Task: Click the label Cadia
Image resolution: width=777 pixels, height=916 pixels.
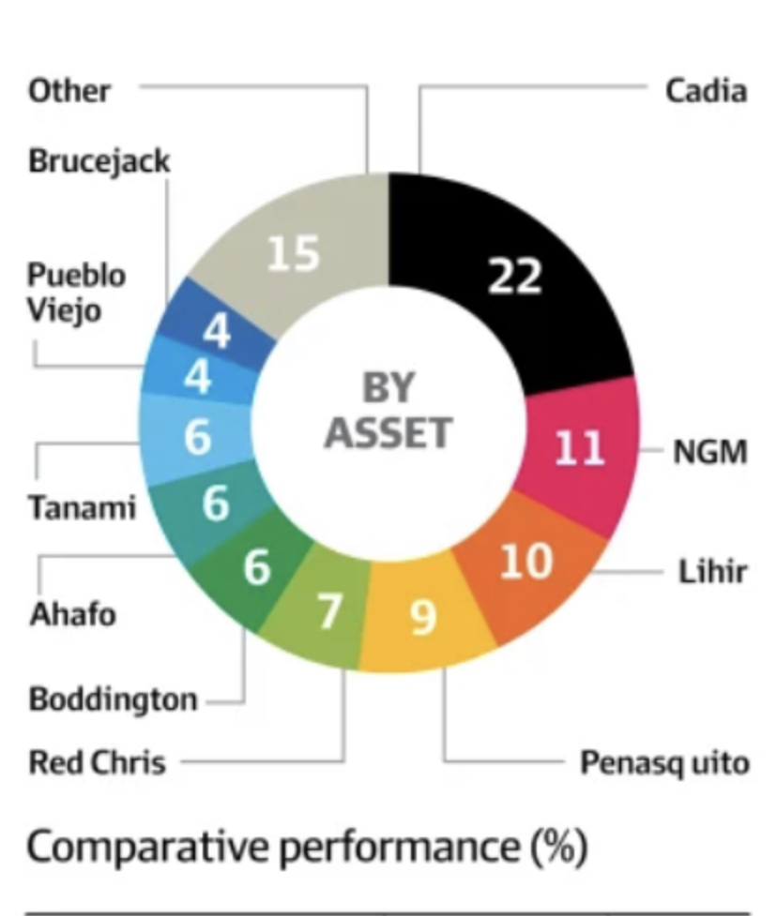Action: (707, 91)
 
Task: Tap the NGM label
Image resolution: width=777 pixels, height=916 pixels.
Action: (710, 452)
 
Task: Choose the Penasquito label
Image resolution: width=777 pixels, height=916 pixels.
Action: (664, 763)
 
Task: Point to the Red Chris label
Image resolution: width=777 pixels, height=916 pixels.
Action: (97, 762)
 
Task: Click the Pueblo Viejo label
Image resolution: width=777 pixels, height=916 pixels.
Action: (76, 293)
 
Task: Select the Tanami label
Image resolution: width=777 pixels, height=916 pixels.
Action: (82, 507)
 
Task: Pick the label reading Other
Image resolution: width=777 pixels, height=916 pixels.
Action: (69, 91)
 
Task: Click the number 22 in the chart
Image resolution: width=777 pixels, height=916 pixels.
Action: (514, 276)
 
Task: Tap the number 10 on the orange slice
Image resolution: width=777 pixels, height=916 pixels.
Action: (526, 561)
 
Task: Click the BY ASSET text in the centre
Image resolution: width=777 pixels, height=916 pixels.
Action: (388, 410)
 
